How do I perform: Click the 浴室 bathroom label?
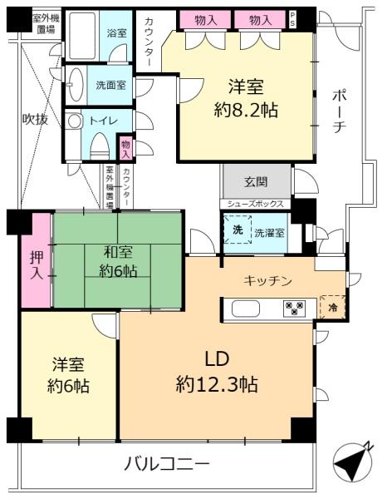116,32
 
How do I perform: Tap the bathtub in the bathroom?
82,36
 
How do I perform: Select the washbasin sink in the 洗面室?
76,85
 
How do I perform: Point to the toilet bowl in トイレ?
100,146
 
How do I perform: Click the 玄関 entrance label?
256,182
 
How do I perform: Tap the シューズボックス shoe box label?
255,204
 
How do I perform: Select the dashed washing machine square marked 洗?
238,230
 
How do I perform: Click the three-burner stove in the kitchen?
295,308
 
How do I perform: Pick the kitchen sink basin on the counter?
246,309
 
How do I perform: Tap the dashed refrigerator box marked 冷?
332,307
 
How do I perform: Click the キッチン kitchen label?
267,281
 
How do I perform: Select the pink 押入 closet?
37,260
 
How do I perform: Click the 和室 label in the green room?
118,252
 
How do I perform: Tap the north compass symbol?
352,461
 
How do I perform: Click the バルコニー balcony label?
166,463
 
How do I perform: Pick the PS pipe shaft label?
292,20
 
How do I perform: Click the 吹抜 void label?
35,119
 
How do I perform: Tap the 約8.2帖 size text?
246,110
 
